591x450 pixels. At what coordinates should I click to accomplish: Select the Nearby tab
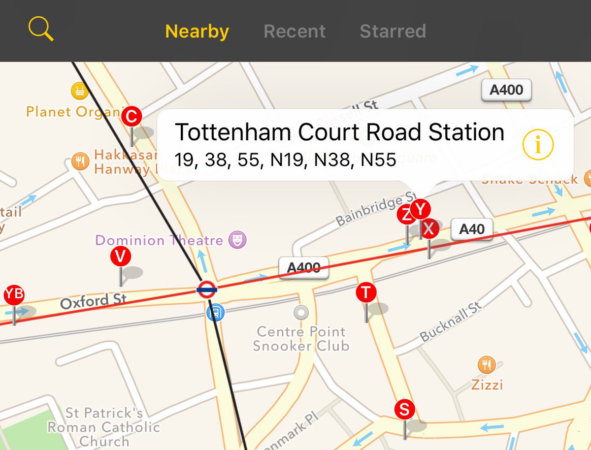pyautogui.click(x=197, y=32)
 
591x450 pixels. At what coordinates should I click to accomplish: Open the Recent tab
pyautogui.click(x=295, y=32)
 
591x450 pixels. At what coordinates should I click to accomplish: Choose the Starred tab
pyautogui.click(x=393, y=32)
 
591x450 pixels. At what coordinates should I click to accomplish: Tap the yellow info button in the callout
pyautogui.click(x=538, y=145)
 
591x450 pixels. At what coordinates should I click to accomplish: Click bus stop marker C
pyautogui.click(x=131, y=117)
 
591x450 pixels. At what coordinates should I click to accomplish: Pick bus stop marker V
pyautogui.click(x=121, y=257)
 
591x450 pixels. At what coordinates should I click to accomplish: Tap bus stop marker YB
pyautogui.click(x=14, y=294)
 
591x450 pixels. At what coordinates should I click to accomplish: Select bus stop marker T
pyautogui.click(x=366, y=292)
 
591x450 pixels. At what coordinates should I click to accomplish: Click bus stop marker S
pyautogui.click(x=404, y=409)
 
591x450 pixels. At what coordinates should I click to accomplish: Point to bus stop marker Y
pyautogui.click(x=420, y=210)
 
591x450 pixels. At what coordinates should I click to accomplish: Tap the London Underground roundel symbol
pyautogui.click(x=207, y=290)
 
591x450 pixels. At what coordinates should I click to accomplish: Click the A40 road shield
pyautogui.click(x=471, y=229)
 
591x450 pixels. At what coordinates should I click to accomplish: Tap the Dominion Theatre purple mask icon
pyautogui.click(x=238, y=240)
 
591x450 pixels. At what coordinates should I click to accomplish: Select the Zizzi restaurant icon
pyautogui.click(x=487, y=365)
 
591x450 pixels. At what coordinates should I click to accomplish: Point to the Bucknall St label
pyautogui.click(x=450, y=323)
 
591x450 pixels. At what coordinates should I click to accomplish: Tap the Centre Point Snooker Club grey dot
pyautogui.click(x=300, y=312)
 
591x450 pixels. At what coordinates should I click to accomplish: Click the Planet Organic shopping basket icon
pyautogui.click(x=79, y=91)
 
